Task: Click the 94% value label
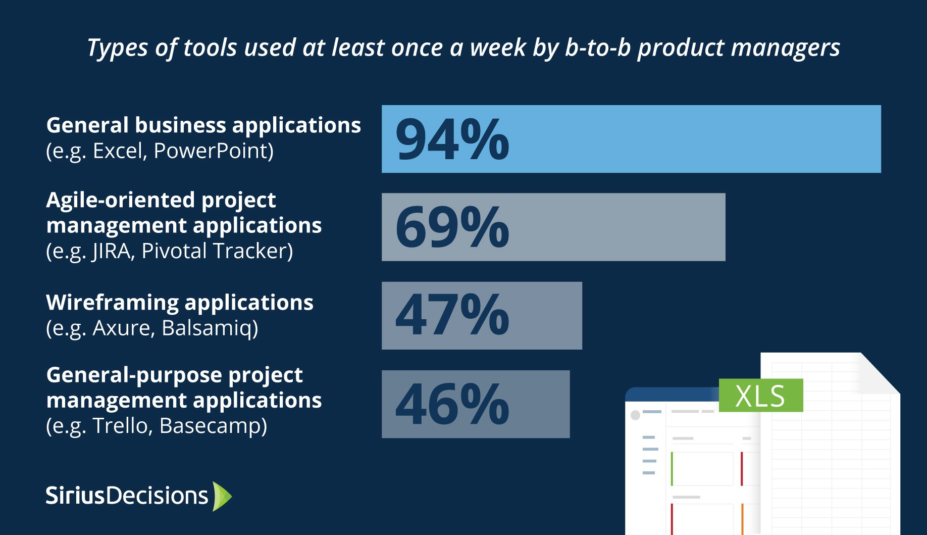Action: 452,139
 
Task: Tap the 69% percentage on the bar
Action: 452,227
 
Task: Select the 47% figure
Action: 452,316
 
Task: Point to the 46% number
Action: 452,404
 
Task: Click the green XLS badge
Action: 760,396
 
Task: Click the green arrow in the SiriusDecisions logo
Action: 222,496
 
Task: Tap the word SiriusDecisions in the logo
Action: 127,496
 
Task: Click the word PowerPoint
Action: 213,151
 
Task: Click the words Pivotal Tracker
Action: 217,251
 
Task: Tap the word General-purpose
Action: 133,375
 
